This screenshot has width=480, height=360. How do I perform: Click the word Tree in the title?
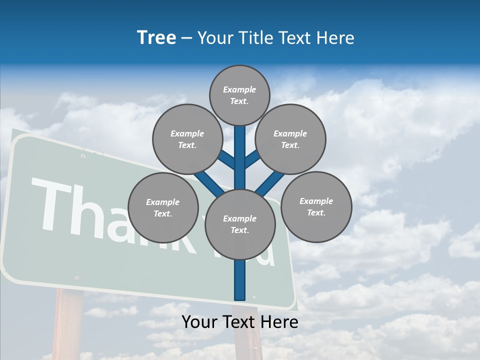[156, 38]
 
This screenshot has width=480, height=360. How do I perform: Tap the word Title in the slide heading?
[255, 38]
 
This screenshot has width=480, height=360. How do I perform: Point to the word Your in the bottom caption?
[199, 322]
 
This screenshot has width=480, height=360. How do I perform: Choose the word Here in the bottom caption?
[279, 322]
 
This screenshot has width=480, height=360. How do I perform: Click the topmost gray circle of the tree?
[239, 95]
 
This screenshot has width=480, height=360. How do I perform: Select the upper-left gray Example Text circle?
[187, 139]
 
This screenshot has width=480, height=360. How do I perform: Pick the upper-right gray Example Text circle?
[290, 139]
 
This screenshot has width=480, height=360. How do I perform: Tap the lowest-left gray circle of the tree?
[163, 208]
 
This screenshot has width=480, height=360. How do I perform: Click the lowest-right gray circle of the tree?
[316, 206]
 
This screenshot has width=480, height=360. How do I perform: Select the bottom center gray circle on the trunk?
[239, 224]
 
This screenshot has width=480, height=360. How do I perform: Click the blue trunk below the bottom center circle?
[239, 280]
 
